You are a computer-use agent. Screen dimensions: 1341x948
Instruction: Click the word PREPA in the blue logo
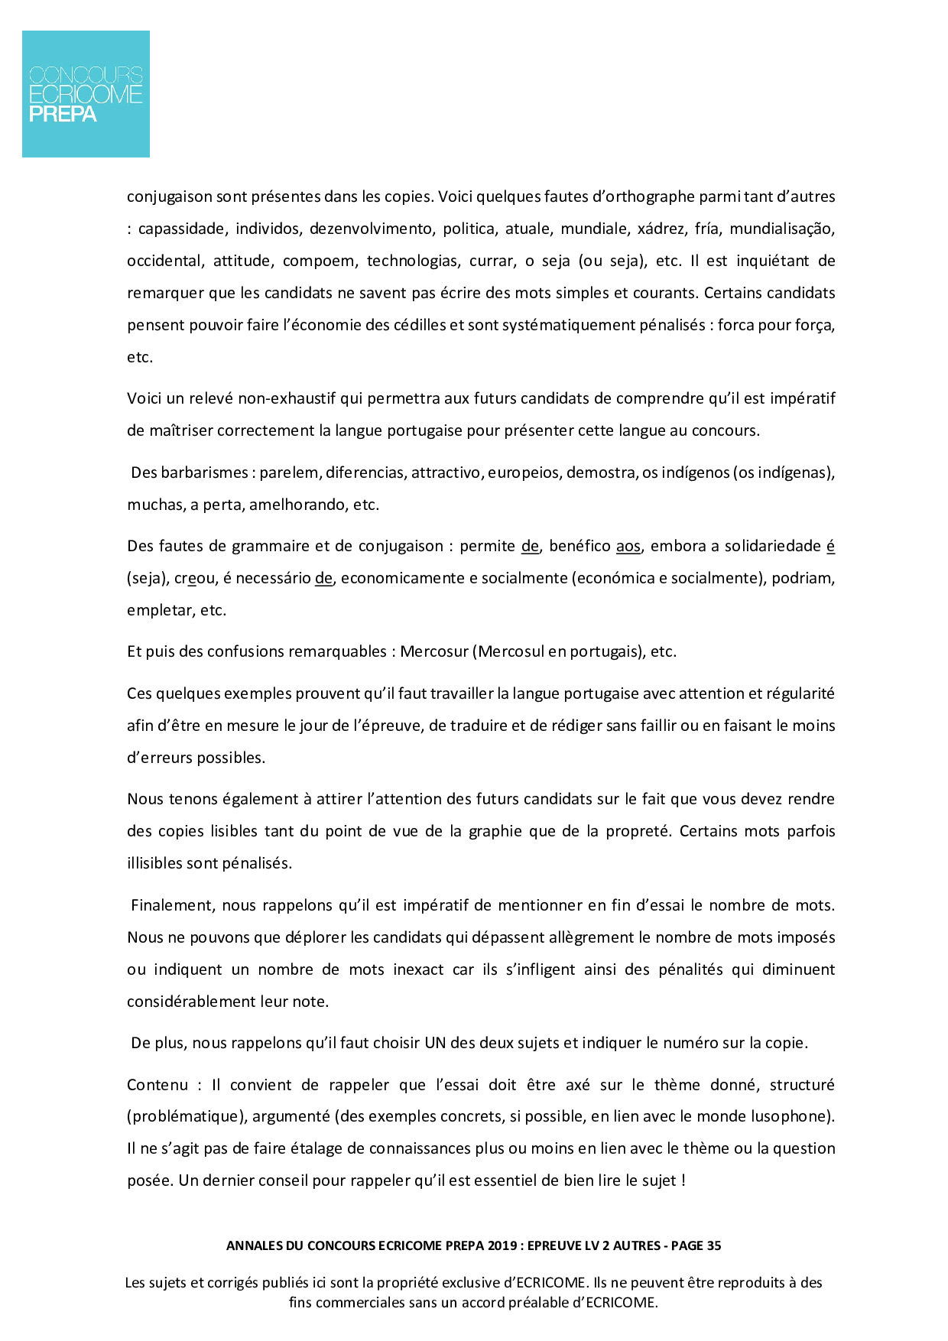[x=63, y=115]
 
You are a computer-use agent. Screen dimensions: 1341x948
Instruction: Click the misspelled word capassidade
[x=181, y=229]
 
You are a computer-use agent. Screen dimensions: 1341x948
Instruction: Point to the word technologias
[x=413, y=261]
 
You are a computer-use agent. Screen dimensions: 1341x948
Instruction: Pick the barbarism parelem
[x=289, y=472]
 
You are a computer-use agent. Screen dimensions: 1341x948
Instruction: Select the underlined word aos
[x=628, y=546]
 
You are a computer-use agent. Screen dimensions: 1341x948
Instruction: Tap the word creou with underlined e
[x=194, y=578]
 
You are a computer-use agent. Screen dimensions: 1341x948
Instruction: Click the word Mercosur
[x=434, y=651]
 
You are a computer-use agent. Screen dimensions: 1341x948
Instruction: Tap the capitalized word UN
[x=435, y=1043]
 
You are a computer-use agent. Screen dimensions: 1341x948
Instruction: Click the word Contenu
[x=157, y=1085]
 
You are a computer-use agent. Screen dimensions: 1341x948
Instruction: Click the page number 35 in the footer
[x=713, y=1245]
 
